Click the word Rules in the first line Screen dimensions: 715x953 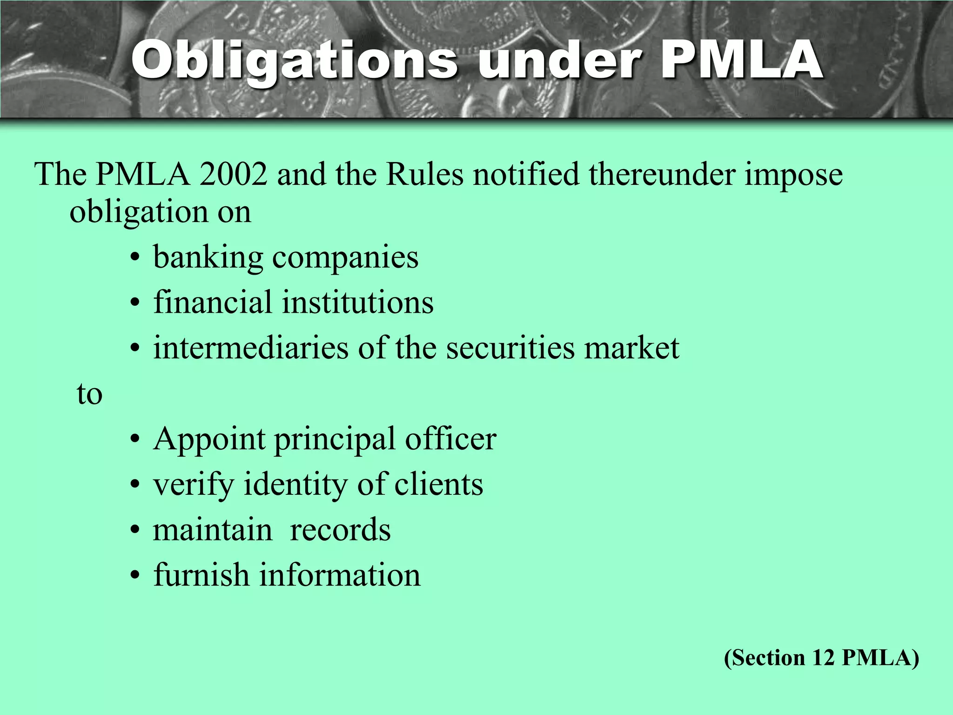(424, 174)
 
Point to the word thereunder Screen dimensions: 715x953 (661, 174)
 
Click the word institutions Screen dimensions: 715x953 (358, 303)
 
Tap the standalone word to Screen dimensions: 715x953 (89, 394)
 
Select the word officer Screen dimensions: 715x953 (450, 439)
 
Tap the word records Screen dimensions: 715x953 (340, 530)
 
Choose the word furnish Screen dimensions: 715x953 (201, 575)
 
